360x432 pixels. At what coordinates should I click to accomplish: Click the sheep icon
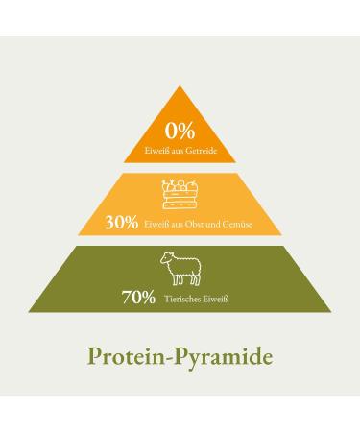(x=180, y=268)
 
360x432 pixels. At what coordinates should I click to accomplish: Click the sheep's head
(x=164, y=259)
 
